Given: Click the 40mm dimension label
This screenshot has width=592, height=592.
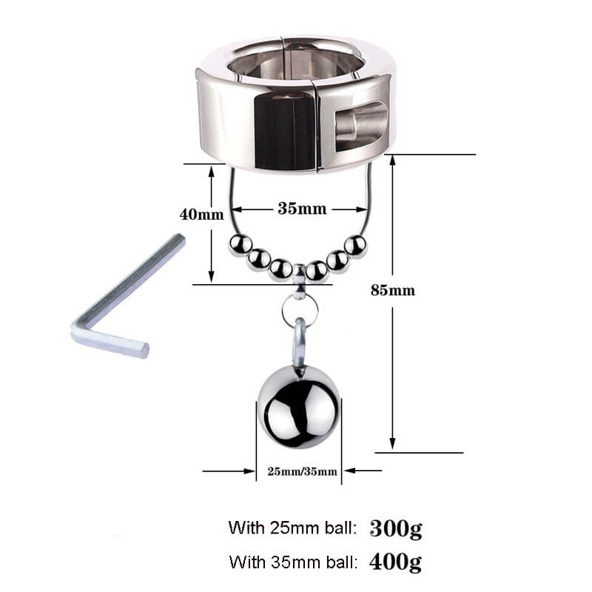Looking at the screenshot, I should coord(201,215).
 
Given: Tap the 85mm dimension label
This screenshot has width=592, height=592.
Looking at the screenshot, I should coord(392,290).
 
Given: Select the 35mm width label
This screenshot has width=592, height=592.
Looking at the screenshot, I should coord(301,208).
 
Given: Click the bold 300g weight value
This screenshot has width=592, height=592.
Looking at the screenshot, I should coord(395,528).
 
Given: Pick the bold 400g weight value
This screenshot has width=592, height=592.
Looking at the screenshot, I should coord(395,562).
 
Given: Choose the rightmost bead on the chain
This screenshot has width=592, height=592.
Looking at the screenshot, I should coord(357,245).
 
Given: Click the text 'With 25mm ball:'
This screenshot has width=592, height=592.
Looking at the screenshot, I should coord(293,528).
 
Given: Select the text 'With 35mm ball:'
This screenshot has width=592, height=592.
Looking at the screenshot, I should coord(293,562).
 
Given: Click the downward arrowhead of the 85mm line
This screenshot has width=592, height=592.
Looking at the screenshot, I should coord(393,444).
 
